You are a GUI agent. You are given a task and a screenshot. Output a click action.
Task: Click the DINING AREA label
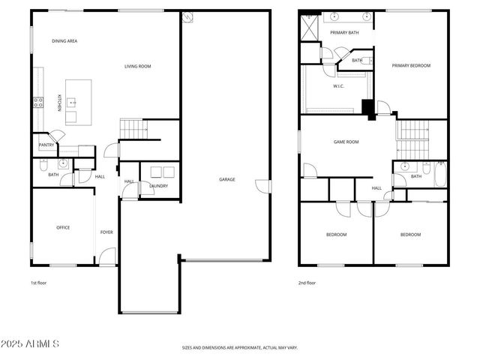point(64,40)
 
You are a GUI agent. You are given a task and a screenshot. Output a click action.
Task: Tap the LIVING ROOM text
point(137,67)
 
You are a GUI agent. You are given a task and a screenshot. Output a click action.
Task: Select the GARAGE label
point(226,179)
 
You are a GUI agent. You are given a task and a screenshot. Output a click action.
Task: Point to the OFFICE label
point(63,227)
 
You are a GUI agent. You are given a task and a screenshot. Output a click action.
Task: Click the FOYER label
point(106,232)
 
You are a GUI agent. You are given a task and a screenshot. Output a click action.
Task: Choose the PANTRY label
point(46,145)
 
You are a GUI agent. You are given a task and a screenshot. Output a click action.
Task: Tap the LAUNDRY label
point(158,186)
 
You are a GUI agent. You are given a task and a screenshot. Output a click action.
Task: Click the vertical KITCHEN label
point(60,103)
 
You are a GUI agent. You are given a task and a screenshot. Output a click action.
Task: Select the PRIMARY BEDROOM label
point(411,66)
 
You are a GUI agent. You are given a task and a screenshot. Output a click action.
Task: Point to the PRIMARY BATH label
point(344,32)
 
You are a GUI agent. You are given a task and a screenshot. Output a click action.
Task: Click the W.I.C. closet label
point(338,86)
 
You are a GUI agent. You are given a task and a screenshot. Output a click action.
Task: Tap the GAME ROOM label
point(346,142)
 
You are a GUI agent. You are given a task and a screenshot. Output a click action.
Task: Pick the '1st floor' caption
point(39,283)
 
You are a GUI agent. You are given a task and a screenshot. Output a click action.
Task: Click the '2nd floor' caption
point(307,283)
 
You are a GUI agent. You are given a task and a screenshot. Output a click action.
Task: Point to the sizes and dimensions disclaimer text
point(239,348)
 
